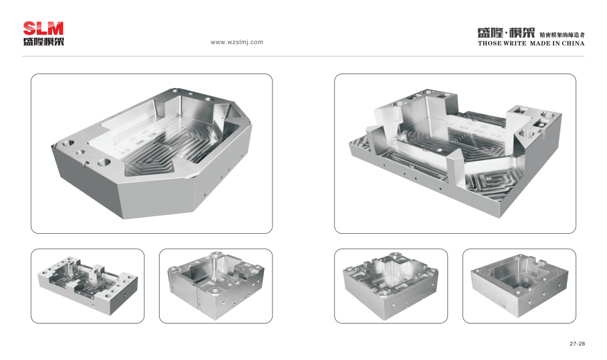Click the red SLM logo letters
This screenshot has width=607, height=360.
click(x=43, y=29)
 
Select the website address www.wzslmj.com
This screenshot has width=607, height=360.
click(x=237, y=42)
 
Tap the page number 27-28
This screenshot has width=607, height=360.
click(x=577, y=344)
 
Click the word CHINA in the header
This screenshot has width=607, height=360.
click(x=573, y=43)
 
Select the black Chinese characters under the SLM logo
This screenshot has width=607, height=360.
click(x=43, y=41)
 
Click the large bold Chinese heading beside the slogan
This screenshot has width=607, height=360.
click(x=506, y=33)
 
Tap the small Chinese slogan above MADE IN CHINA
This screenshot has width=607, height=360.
click(x=562, y=35)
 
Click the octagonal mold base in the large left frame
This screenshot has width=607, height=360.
click(x=152, y=153)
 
